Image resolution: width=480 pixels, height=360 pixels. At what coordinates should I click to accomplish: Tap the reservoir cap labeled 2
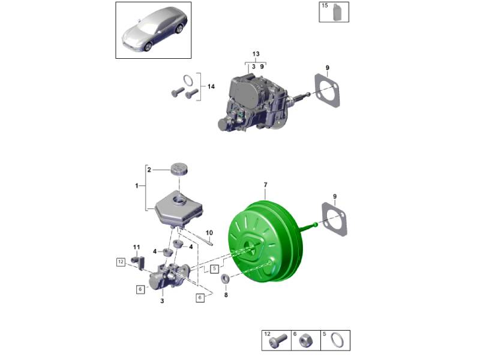point(179,169)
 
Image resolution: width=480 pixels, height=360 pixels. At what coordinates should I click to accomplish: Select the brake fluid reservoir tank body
point(179,210)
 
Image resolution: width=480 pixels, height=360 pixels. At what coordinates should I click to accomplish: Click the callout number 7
point(265,185)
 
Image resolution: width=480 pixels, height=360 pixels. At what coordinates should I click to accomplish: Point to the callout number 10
point(209,233)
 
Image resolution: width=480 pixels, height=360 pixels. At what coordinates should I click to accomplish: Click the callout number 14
point(211,86)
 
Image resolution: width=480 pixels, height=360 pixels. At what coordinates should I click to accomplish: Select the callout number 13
point(256,54)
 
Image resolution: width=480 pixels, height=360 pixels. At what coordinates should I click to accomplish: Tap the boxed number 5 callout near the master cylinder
point(215,269)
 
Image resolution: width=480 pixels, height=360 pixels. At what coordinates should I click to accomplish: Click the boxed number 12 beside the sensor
point(121,262)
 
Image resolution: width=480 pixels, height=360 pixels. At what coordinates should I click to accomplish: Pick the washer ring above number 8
point(226,278)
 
